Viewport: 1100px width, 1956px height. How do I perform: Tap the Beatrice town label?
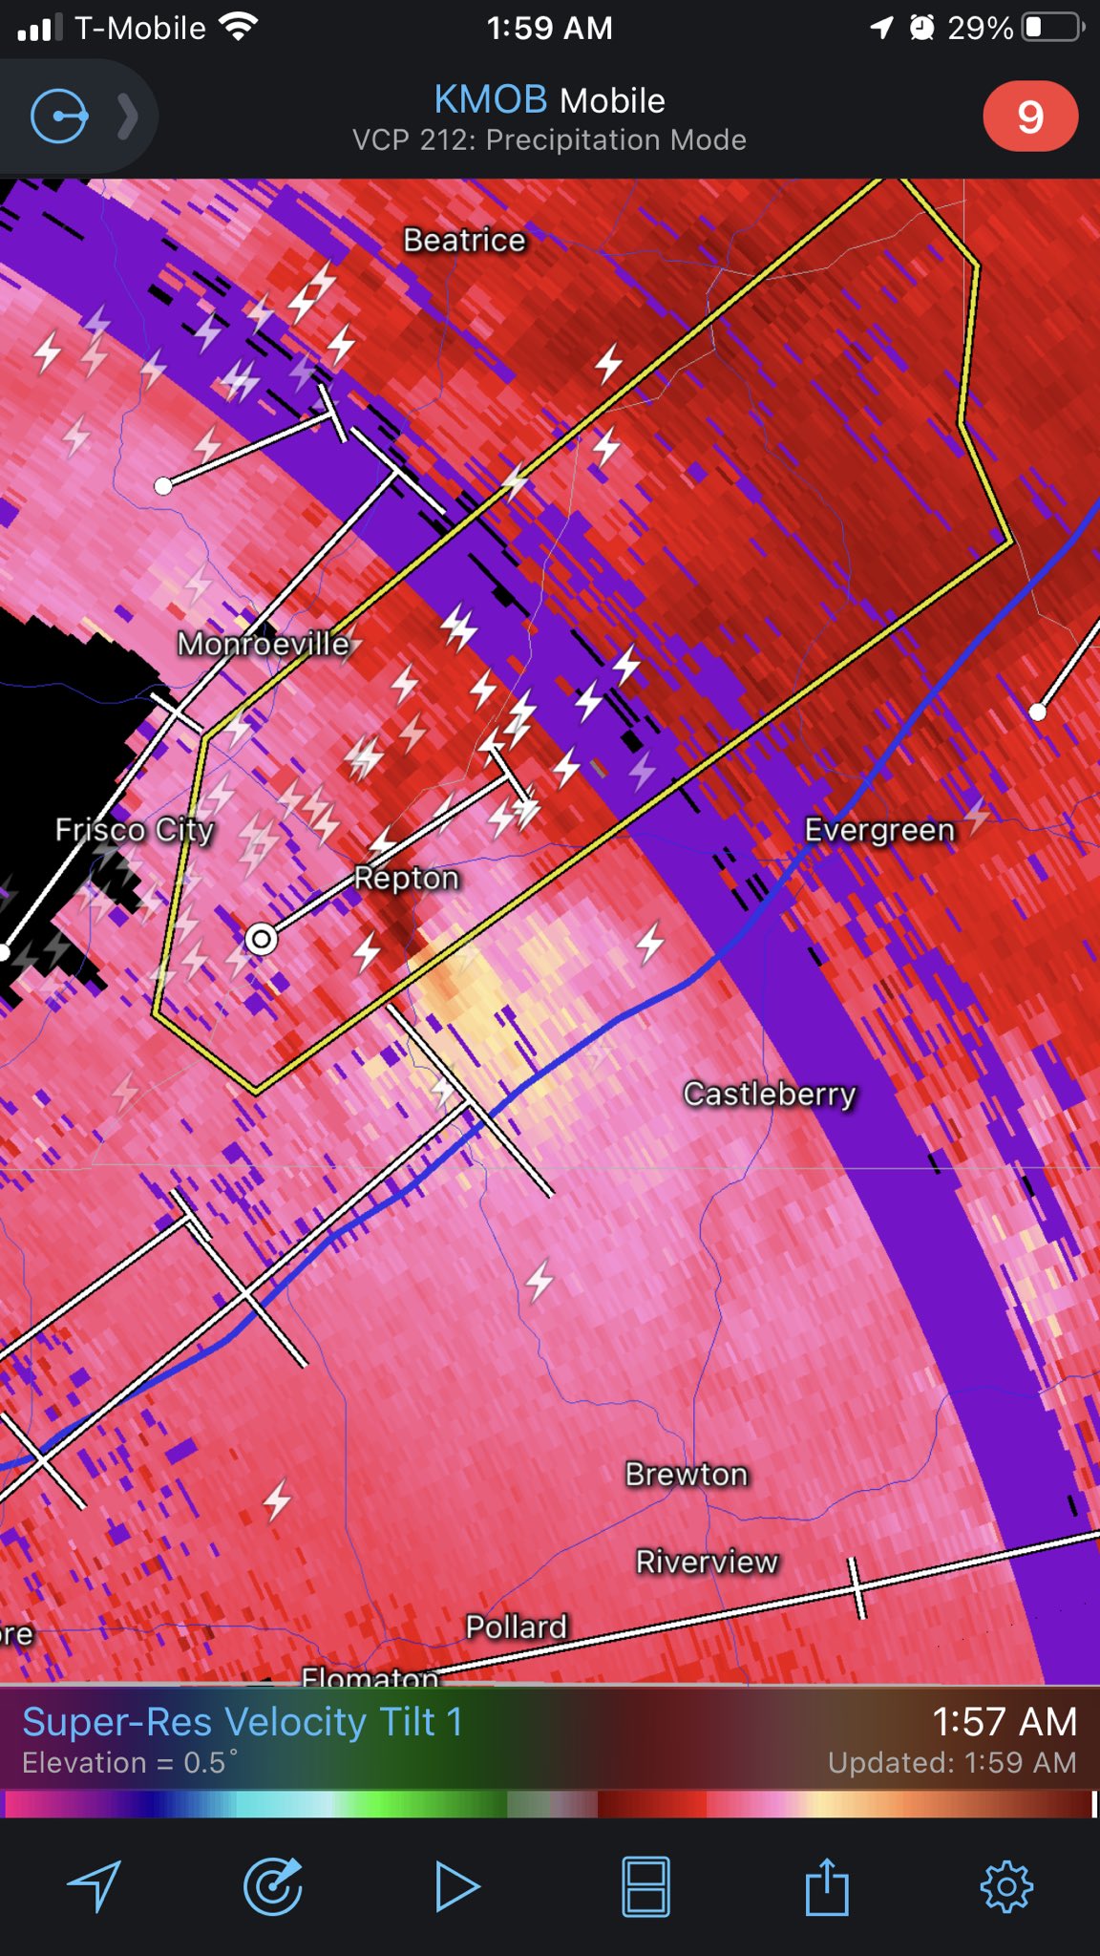pyautogui.click(x=464, y=240)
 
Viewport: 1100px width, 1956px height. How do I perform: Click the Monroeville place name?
pyautogui.click(x=264, y=644)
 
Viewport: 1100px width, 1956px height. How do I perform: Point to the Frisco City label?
pyautogui.click(x=135, y=829)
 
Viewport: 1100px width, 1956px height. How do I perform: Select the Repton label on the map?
pyautogui.click(x=407, y=878)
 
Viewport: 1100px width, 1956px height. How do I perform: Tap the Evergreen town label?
pyautogui.click(x=879, y=829)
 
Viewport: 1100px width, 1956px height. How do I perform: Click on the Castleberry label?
pyautogui.click(x=770, y=1093)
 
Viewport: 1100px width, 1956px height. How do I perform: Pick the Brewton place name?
pyautogui.click(x=687, y=1474)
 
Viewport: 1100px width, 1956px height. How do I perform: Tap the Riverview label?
pyautogui.click(x=708, y=1562)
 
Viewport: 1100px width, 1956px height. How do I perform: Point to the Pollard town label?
pyautogui.click(x=517, y=1626)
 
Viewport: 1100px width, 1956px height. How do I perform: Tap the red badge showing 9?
pyautogui.click(x=1029, y=117)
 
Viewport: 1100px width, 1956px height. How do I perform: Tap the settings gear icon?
pyautogui.click(x=1006, y=1886)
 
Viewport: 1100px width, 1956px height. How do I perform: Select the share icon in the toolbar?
pyautogui.click(x=827, y=1886)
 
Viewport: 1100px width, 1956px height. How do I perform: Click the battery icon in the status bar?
pyautogui.click(x=1052, y=28)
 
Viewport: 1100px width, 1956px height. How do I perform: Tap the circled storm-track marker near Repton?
pyautogui.click(x=261, y=939)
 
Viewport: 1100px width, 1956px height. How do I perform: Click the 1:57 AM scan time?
pyautogui.click(x=1005, y=1722)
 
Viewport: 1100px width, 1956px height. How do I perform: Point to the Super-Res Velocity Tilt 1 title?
pyautogui.click(x=243, y=1722)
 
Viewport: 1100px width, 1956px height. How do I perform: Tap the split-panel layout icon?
pyautogui.click(x=645, y=1886)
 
